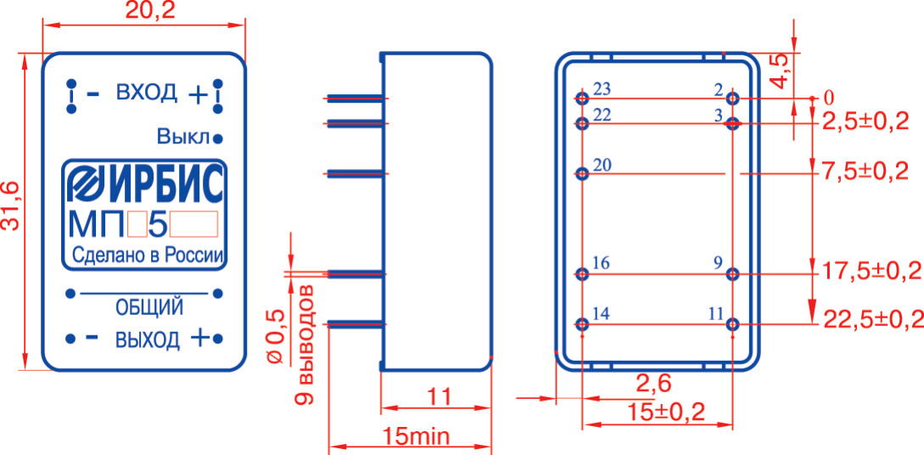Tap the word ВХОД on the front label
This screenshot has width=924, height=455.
coord(147,92)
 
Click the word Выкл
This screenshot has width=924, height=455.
coord(183,137)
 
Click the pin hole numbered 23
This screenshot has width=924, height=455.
coord(582,98)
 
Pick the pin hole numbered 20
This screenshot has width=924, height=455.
coord(582,174)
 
